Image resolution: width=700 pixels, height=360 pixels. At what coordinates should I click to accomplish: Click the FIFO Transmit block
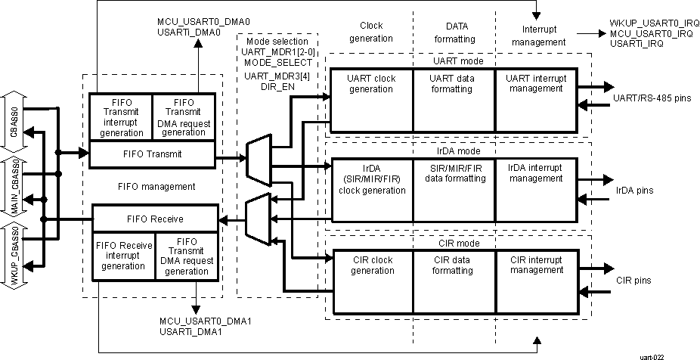pyautogui.click(x=152, y=154)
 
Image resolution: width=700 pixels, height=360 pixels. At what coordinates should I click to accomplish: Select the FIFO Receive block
pyautogui.click(x=154, y=219)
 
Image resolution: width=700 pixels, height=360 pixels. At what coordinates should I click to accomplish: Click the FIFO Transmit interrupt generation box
pyautogui.click(x=121, y=116)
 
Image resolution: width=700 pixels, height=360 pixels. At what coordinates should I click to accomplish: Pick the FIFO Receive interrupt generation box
pyautogui.click(x=123, y=256)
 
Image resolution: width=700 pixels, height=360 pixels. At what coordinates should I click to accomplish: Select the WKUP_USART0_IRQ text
pyautogui.click(x=648, y=24)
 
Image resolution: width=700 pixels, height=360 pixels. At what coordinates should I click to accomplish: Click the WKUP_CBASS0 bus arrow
pyautogui.click(x=15, y=256)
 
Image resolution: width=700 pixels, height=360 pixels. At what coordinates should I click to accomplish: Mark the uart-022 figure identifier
pyautogui.click(x=653, y=355)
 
